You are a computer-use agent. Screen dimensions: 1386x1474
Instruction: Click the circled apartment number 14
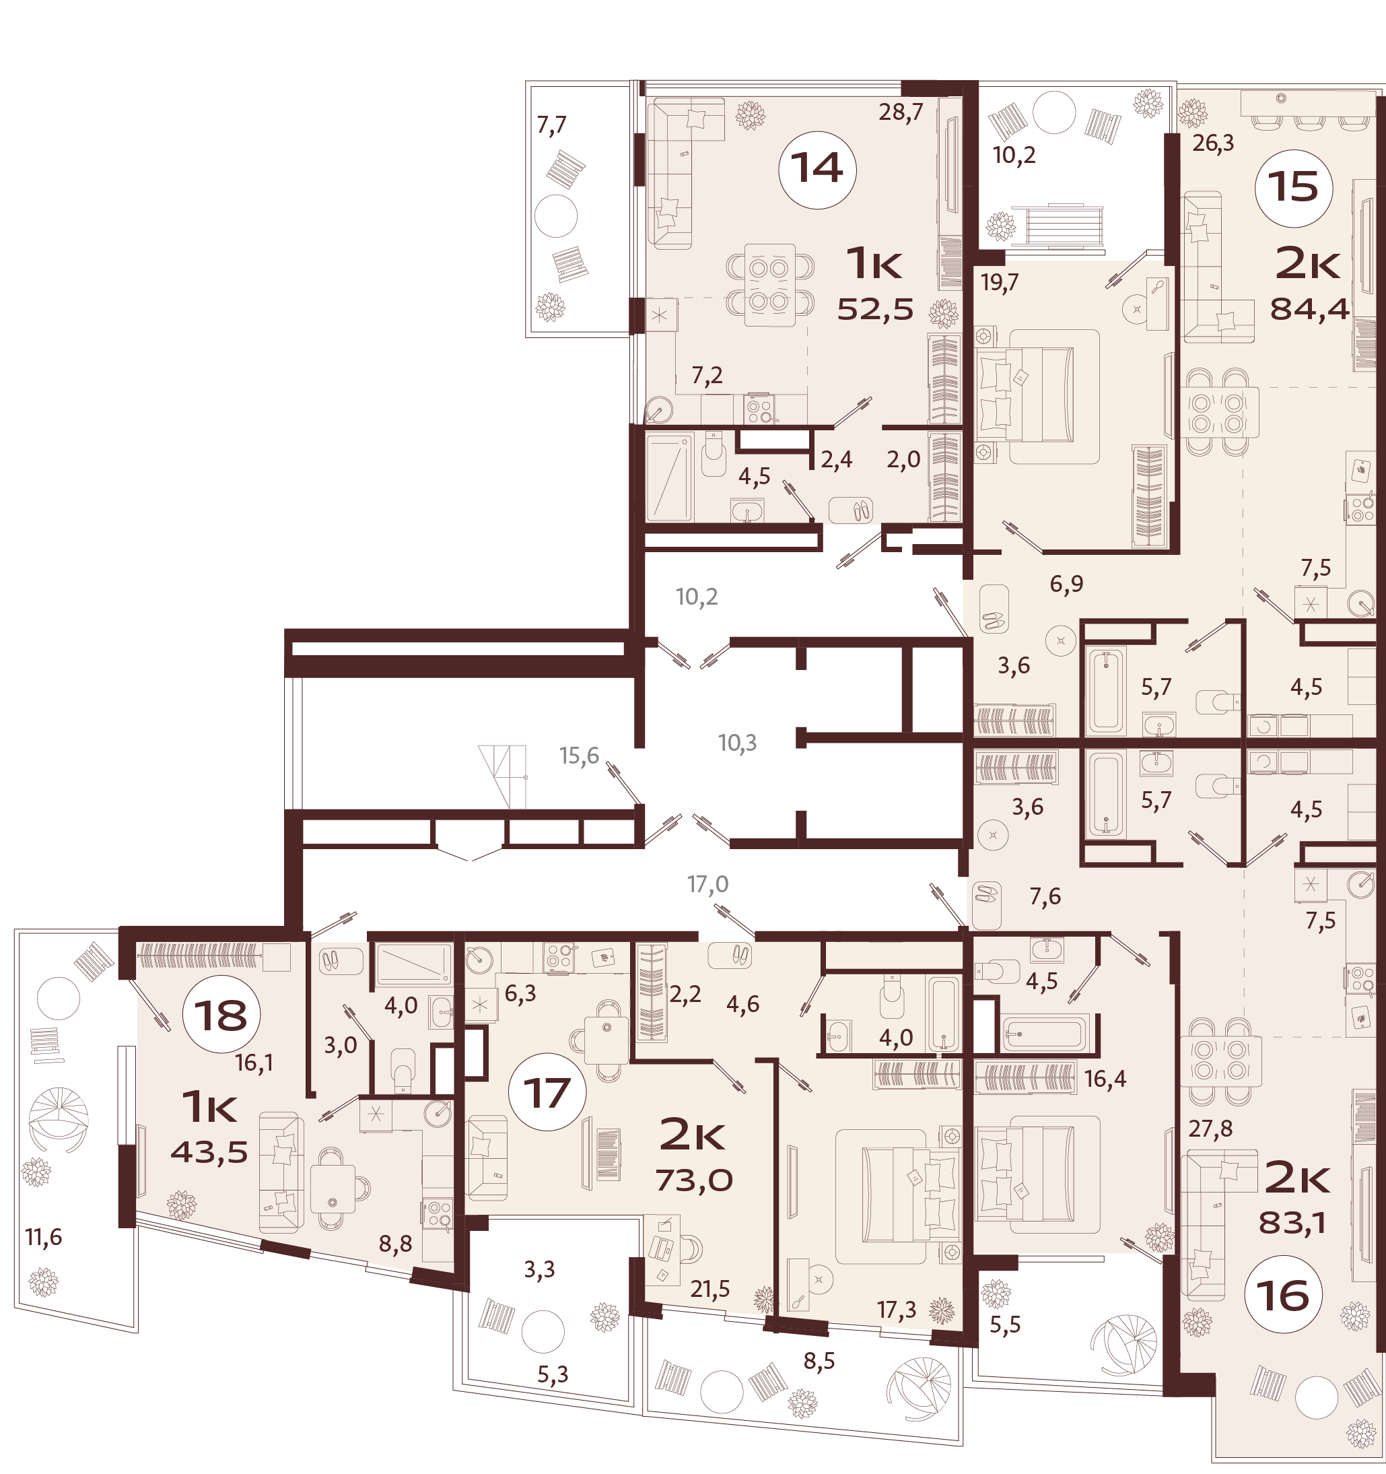click(x=817, y=169)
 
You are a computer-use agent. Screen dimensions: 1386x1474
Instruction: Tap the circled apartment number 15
click(x=1293, y=188)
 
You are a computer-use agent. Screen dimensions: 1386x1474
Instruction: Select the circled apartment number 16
click(x=1284, y=1296)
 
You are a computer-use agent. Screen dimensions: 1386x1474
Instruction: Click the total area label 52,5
click(x=875, y=309)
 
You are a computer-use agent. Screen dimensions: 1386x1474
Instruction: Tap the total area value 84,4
click(x=1310, y=308)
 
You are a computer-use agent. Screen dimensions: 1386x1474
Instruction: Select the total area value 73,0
click(x=695, y=1180)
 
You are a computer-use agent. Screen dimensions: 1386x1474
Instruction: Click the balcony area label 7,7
click(x=551, y=126)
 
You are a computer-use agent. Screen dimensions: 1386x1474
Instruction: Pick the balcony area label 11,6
click(x=44, y=1237)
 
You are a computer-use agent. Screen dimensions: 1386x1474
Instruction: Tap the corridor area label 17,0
click(x=708, y=884)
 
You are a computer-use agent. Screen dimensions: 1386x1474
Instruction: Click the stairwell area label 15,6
click(x=579, y=756)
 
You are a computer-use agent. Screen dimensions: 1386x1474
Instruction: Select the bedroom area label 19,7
click(x=1000, y=283)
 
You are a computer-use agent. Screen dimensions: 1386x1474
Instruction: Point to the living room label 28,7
click(x=901, y=112)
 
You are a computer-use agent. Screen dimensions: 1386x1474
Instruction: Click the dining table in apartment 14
click(x=770, y=286)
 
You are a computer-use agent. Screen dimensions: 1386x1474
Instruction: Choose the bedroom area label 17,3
click(x=897, y=1310)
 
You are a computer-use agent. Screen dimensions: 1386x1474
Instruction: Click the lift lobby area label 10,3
click(x=738, y=742)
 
